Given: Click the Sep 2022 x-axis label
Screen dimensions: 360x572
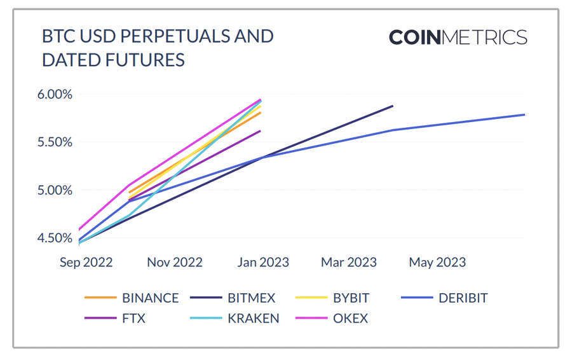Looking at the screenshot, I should [86, 262].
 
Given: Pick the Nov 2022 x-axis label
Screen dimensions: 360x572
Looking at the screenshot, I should [174, 262].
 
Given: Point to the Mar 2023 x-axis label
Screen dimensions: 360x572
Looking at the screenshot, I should [348, 262].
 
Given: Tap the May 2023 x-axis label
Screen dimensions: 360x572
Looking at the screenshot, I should [437, 262].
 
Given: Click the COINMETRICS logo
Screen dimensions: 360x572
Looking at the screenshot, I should [458, 37].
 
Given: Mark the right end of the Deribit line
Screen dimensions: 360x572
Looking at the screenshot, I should [524, 114].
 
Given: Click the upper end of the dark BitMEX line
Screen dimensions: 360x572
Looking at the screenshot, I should [392, 106].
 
